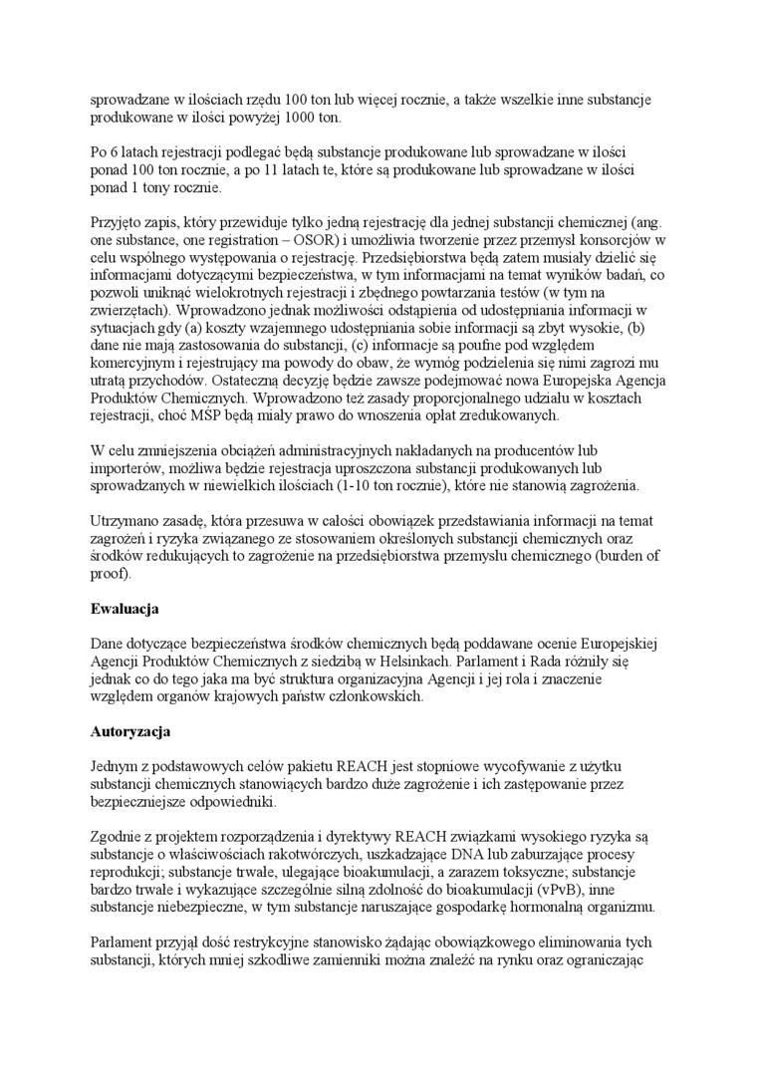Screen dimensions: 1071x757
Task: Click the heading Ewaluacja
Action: click(125, 608)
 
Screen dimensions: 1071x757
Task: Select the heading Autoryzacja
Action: click(129, 731)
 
